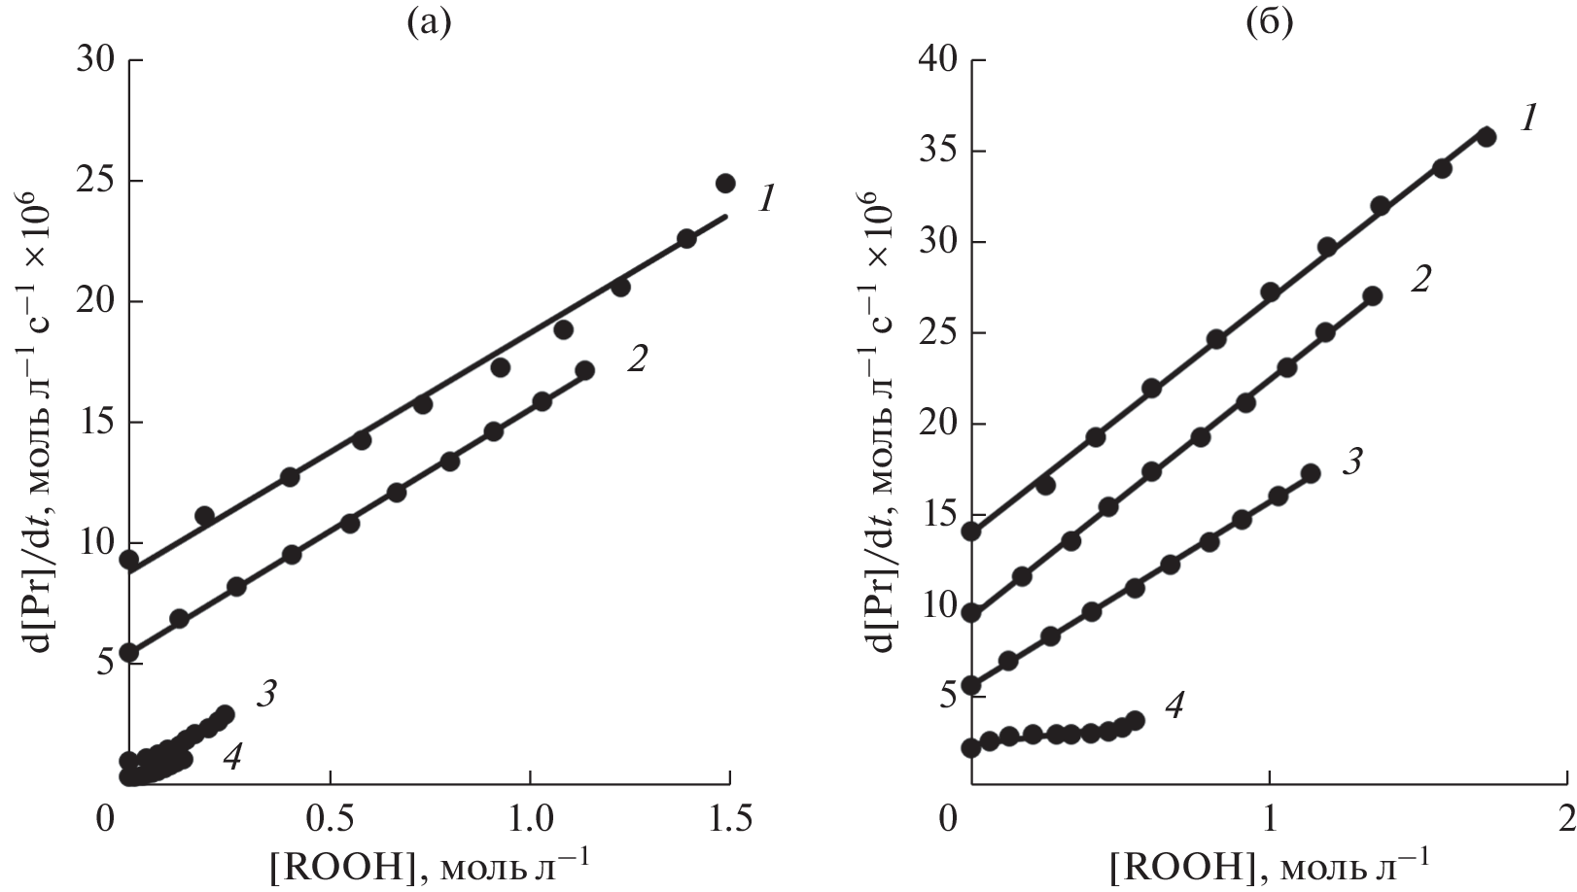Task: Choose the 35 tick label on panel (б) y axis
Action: [937, 152]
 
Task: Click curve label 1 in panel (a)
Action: [766, 200]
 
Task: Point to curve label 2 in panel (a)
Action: [637, 360]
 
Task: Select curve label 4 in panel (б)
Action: [1174, 706]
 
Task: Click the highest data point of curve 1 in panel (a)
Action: [725, 183]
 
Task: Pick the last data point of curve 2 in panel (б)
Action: [1372, 296]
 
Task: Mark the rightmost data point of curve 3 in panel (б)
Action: [1310, 473]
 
